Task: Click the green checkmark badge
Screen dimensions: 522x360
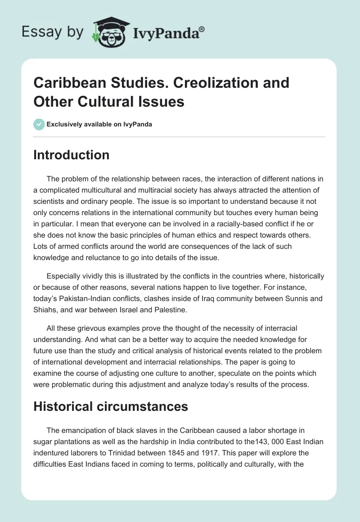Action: click(x=39, y=124)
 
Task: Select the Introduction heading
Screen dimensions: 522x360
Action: click(x=72, y=155)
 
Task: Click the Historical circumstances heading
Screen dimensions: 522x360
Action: click(x=111, y=407)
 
